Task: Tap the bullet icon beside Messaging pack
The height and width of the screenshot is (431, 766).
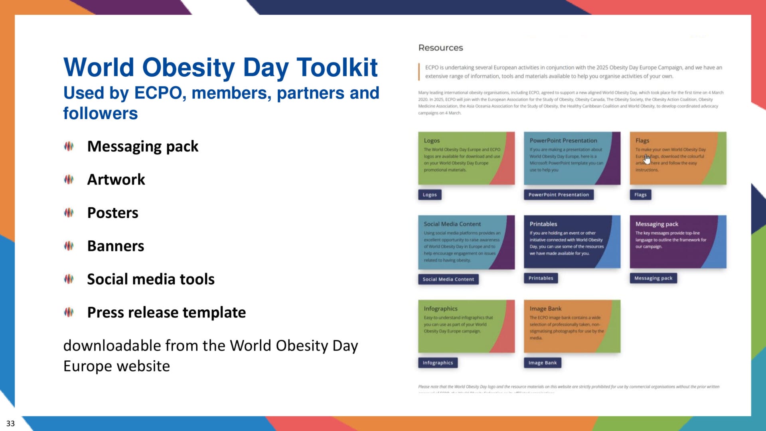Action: (x=69, y=146)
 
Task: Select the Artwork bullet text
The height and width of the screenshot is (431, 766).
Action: (x=116, y=180)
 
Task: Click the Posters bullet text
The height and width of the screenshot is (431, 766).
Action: (x=113, y=213)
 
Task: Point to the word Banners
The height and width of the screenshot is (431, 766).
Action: (x=116, y=246)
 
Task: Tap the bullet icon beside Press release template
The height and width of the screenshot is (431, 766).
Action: (x=69, y=312)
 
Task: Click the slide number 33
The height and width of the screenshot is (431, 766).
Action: (x=10, y=423)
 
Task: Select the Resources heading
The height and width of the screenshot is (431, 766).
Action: (x=440, y=47)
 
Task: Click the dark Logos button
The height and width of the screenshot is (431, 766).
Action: (x=430, y=195)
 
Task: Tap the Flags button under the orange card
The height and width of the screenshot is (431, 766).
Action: (x=640, y=195)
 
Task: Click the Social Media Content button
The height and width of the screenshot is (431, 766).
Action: (x=448, y=279)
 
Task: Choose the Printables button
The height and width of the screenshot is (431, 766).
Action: (x=541, y=278)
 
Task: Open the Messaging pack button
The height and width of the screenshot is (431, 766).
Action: (x=653, y=278)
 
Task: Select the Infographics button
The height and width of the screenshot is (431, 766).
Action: (x=438, y=363)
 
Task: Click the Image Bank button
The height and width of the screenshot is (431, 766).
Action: (x=542, y=363)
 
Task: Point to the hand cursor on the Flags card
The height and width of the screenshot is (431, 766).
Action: (x=647, y=159)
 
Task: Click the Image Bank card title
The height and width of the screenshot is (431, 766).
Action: (x=545, y=308)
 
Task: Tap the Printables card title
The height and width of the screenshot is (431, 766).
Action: (x=543, y=224)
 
